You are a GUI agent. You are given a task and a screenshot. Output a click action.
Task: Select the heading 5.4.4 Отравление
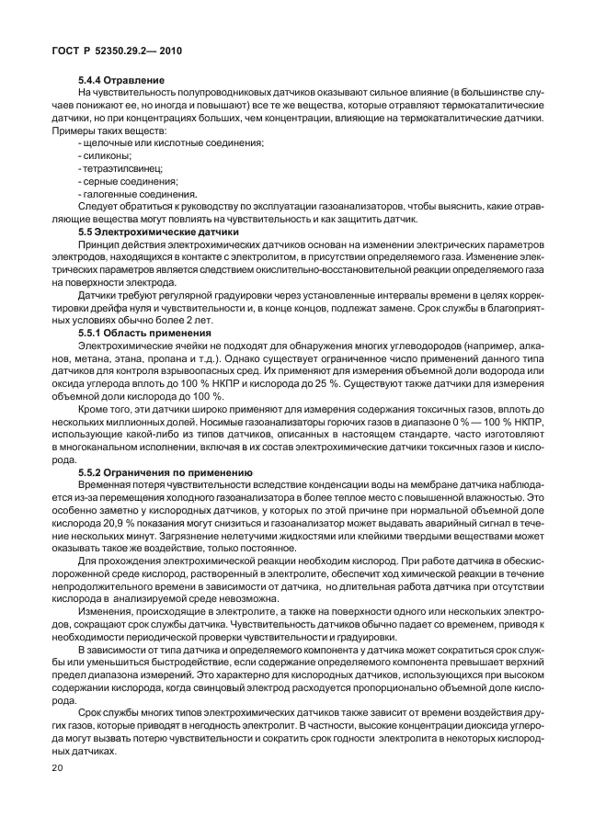(121, 81)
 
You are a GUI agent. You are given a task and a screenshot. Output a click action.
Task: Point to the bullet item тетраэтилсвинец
(117, 170)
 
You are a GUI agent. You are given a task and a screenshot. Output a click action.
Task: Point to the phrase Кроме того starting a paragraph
(104, 406)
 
